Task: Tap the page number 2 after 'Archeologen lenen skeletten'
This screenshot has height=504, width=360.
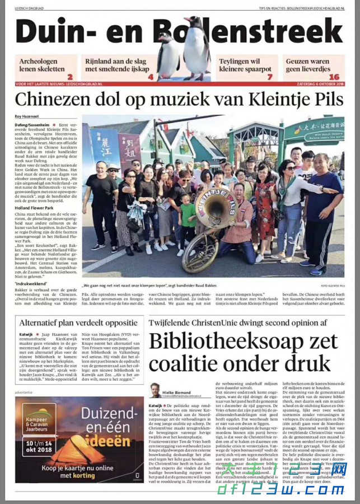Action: coord(70,77)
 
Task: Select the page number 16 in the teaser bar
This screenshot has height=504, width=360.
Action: coord(334,77)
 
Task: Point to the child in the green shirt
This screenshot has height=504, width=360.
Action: coord(188,224)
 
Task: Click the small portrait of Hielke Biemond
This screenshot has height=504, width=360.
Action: coord(155,390)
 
